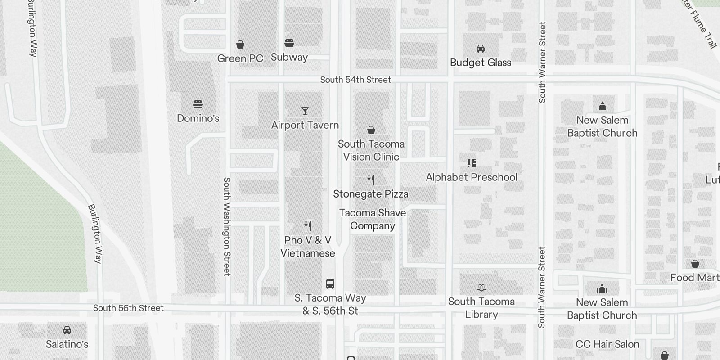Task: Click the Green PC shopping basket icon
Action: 240,45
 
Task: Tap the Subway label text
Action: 289,57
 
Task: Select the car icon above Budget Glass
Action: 481,49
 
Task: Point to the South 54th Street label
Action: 355,80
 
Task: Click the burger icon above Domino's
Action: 198,104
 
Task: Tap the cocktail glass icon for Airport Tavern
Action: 305,111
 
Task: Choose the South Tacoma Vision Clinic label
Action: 371,150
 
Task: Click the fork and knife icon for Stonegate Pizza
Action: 371,180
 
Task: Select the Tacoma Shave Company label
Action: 373,219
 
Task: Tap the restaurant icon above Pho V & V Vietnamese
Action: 308,226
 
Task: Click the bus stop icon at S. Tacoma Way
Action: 330,284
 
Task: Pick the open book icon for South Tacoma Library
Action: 481,287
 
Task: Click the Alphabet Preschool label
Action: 472,177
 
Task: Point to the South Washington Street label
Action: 227,226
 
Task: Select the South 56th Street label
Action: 128,308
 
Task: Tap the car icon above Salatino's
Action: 67,330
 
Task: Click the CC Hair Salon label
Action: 607,344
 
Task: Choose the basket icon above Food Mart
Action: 695,264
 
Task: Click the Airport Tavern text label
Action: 305,125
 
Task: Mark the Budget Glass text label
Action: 481,63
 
